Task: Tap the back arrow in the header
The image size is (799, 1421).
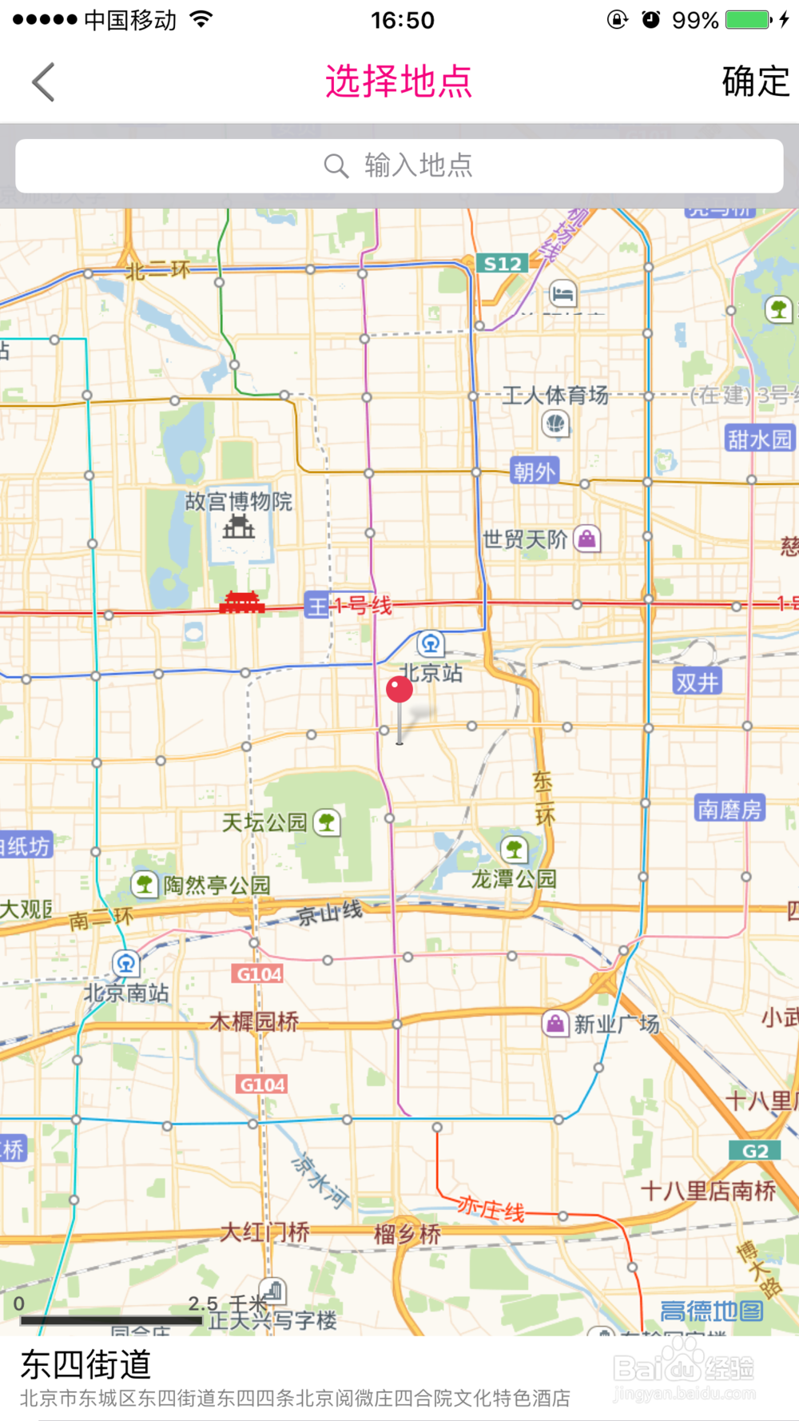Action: coord(44,82)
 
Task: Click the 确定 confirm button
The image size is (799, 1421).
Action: coord(755,82)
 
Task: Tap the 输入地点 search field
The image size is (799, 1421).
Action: coord(399,165)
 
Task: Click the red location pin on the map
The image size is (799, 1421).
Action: coord(399,690)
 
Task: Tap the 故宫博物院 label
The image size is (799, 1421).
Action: coord(238,501)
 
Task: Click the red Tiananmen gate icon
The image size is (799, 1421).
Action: coord(241,603)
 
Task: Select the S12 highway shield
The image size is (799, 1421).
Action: coord(503,264)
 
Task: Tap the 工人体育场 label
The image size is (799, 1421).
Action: coord(555,395)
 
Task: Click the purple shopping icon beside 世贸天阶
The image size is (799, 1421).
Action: coord(587,539)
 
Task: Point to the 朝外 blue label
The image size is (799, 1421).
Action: coord(534,472)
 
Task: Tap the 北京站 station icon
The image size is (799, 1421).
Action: coord(431,643)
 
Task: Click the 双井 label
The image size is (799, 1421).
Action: coord(698,682)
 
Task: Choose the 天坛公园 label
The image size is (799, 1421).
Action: coord(264,822)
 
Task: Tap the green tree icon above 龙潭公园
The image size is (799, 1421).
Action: coord(514,849)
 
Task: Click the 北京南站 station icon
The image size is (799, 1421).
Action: coord(125,963)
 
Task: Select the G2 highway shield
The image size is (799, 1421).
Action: coord(755,1151)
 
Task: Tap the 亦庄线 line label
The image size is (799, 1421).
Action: coord(491,1208)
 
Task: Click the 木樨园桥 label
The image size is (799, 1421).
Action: coord(254,1021)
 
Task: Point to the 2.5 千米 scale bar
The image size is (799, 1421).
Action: coord(111,1320)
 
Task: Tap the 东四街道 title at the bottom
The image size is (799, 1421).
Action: coord(85,1364)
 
